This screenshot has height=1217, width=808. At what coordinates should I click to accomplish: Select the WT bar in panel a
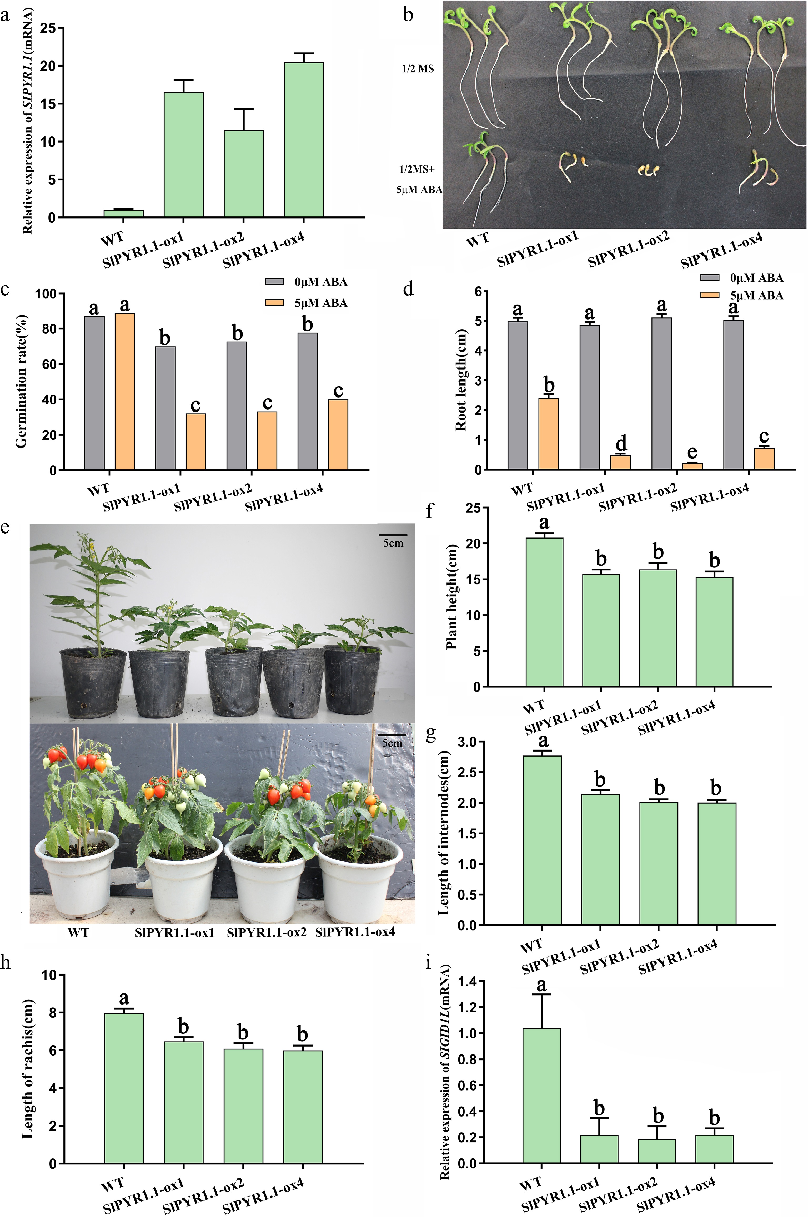pyautogui.click(x=124, y=213)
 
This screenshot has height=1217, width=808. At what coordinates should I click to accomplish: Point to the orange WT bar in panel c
pyautogui.click(x=125, y=391)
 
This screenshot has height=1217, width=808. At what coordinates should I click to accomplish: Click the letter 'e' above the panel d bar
pyautogui.click(x=692, y=452)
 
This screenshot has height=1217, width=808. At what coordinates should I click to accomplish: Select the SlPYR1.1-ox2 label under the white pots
pyautogui.click(x=267, y=932)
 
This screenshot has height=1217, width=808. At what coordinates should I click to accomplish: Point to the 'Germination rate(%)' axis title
pyautogui.click(x=22, y=381)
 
